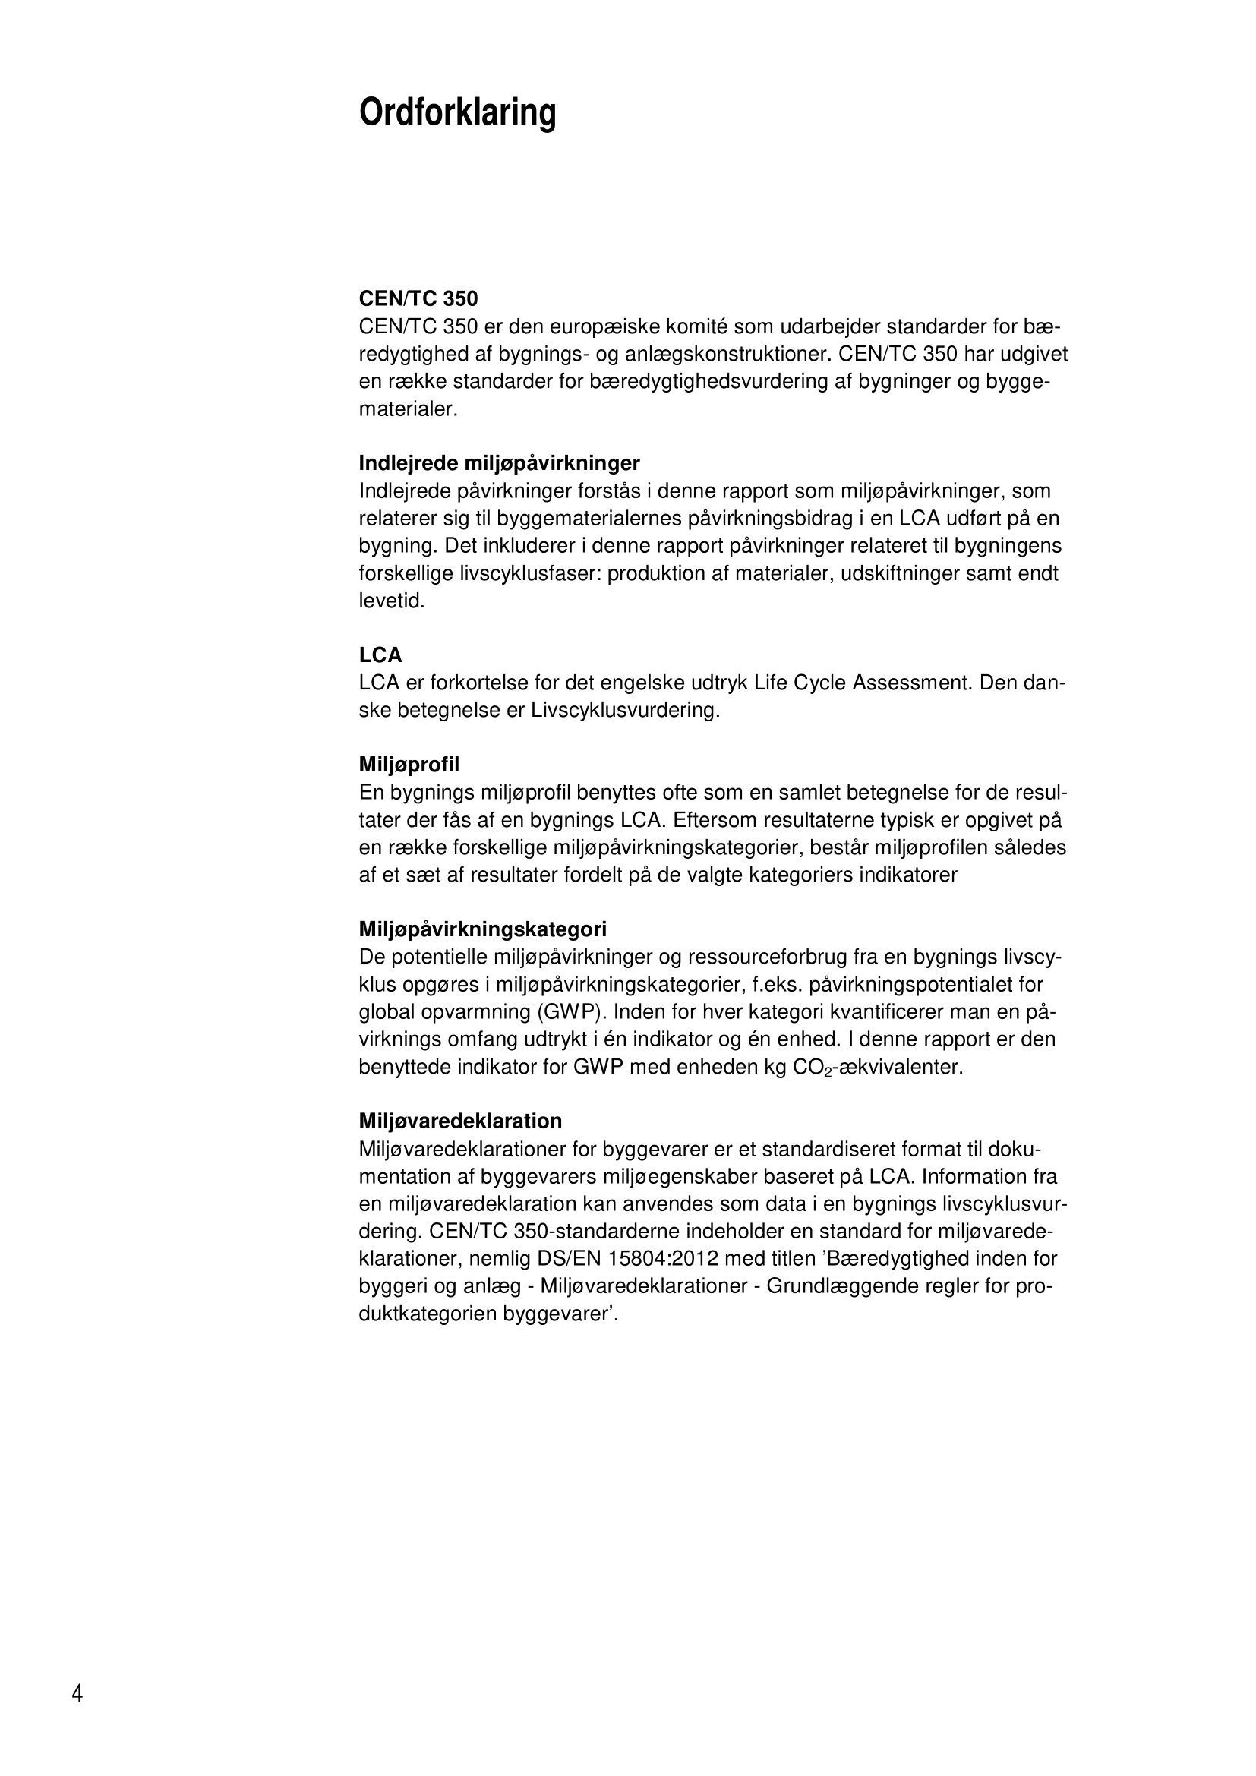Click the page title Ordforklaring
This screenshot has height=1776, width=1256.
457,113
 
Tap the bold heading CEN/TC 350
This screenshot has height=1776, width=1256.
418,298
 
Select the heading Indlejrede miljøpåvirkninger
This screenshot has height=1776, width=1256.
499,463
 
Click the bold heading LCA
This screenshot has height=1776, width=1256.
380,655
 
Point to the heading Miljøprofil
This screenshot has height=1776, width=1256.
409,765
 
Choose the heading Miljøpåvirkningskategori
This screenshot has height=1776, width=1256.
483,929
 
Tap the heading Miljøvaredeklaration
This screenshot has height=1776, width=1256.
460,1121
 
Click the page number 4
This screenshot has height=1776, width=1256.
77,1694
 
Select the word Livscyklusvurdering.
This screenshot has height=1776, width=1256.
625,710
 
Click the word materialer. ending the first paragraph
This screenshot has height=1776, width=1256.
409,409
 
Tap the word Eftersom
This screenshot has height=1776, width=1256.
717,820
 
